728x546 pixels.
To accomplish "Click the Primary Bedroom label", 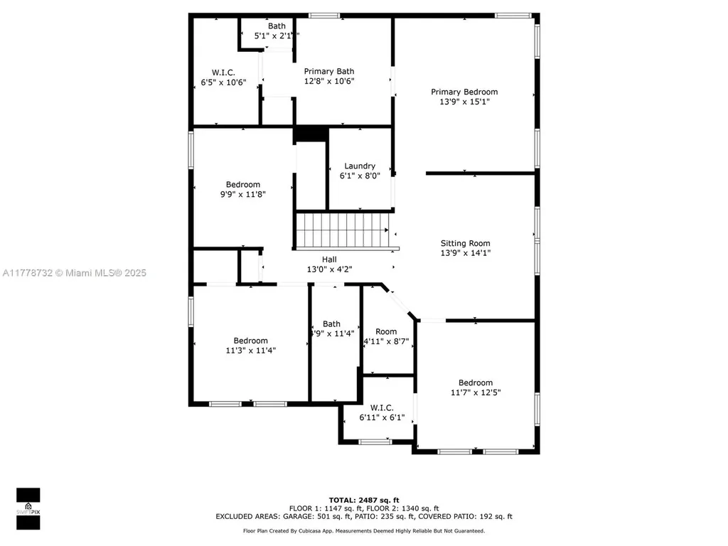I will click(x=464, y=92).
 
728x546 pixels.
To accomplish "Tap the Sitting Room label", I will click(x=465, y=243).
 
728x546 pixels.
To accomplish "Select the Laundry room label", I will click(x=359, y=166).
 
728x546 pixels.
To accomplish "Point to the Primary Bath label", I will click(x=329, y=71).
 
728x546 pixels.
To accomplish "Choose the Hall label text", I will click(x=329, y=259).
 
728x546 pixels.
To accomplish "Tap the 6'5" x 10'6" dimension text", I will click(x=223, y=82).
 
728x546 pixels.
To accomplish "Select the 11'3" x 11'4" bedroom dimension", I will click(x=250, y=350).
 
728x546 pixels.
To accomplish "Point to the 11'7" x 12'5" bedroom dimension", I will click(x=475, y=392).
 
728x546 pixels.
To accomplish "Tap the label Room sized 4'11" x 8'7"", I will click(x=386, y=331).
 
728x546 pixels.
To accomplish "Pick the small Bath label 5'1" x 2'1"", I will click(x=277, y=26).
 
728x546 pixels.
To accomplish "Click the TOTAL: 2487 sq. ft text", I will click(x=363, y=500).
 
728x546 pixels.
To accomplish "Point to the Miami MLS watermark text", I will click(x=73, y=273).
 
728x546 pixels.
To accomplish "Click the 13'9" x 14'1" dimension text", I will click(x=465, y=252).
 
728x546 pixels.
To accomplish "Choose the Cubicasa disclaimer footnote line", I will click(x=363, y=530).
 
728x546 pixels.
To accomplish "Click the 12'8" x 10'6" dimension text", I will click(x=329, y=81).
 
